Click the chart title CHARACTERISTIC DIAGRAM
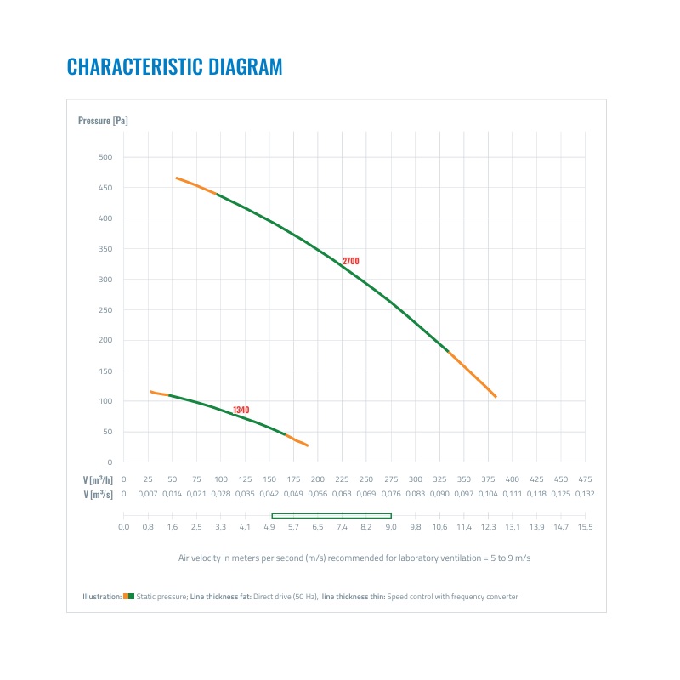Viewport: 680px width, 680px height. pyautogui.click(x=174, y=66)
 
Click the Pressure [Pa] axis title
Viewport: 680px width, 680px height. pyautogui.click(x=103, y=121)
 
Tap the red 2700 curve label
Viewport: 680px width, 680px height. pyautogui.click(x=350, y=261)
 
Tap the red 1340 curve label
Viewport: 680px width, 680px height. pyautogui.click(x=241, y=410)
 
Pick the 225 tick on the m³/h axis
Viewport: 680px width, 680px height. pyautogui.click(x=342, y=479)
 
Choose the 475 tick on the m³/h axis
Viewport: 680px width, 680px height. pyautogui.click(x=585, y=479)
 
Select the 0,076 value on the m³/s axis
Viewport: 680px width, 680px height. pyautogui.click(x=391, y=493)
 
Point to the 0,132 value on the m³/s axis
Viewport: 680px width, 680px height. pyautogui.click(x=585, y=493)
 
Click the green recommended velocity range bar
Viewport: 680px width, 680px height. pyautogui.click(x=331, y=515)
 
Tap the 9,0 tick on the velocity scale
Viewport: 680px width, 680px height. pyautogui.click(x=391, y=527)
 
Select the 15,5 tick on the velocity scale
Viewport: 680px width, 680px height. pyautogui.click(x=585, y=527)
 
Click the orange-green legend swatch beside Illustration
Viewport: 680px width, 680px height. pyautogui.click(x=128, y=597)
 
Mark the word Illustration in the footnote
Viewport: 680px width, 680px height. pyautogui.click(x=102, y=597)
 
